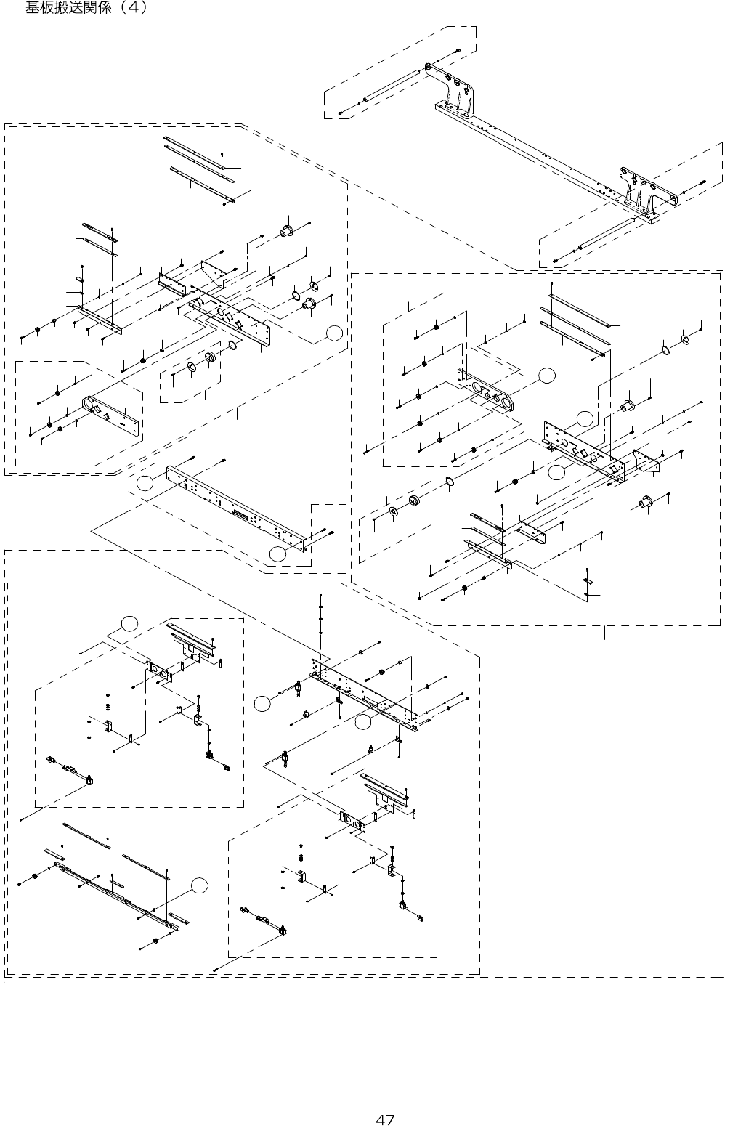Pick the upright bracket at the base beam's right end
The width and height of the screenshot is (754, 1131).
coord(645,187)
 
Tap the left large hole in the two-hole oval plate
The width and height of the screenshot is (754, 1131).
coord(478,385)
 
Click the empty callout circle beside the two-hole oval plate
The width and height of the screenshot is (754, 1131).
coord(547,375)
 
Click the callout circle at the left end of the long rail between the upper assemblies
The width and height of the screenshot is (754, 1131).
coord(146,483)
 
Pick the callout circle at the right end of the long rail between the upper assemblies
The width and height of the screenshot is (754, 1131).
coord(277,554)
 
